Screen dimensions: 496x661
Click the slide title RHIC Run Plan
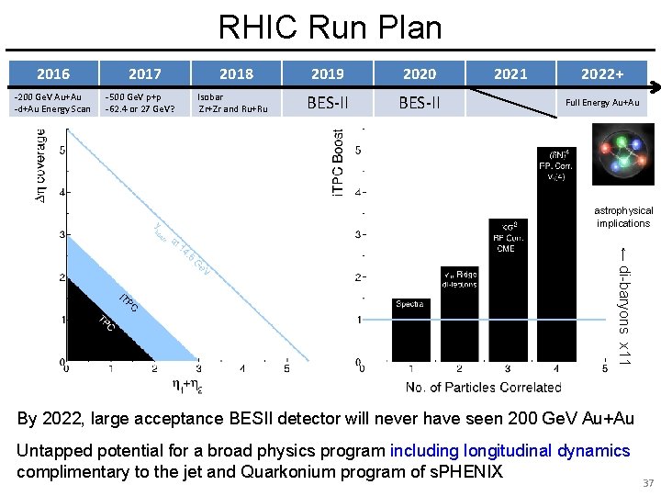pos(330,27)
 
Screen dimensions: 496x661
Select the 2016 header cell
pos(52,73)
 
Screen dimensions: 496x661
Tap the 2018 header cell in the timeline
pos(236,73)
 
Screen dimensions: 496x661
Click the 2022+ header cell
pos(602,73)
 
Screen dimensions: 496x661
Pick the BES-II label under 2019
pos(328,103)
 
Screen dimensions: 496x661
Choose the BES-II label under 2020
pos(420,103)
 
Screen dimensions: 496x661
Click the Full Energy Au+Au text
pos(602,103)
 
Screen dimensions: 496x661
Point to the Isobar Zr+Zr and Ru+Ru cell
pos(233,103)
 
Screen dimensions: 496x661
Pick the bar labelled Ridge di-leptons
pos(459,312)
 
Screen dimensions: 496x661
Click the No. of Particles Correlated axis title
pos(482,387)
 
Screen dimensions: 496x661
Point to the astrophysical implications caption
pos(623,217)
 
